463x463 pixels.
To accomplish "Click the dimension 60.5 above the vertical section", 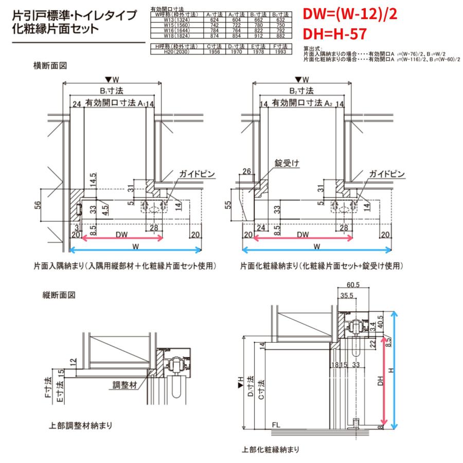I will [x=352, y=284].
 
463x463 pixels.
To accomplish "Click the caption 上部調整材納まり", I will [x=81, y=426].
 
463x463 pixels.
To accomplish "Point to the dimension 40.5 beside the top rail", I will [x=380, y=321].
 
